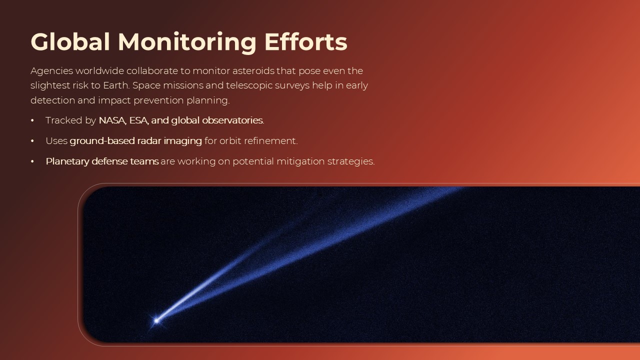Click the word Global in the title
(x=70, y=42)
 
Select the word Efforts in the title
(x=305, y=42)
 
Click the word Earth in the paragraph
(x=115, y=85)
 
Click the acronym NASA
(x=111, y=120)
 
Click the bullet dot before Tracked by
(x=32, y=121)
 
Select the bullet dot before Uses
(x=32, y=141)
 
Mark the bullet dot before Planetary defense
(x=32, y=162)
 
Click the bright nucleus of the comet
(x=156, y=320)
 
